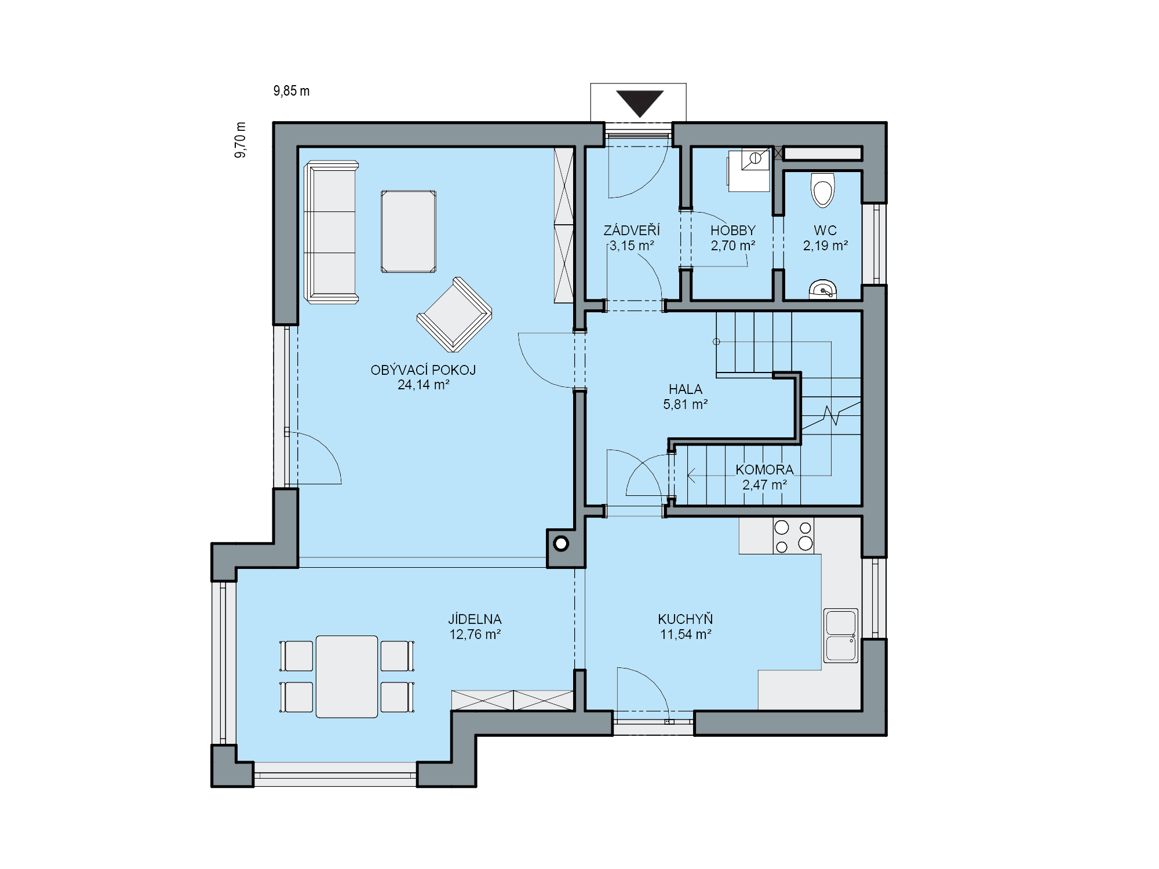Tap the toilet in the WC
[x=823, y=189]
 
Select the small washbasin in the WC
[x=823, y=289]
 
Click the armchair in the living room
[x=454, y=315]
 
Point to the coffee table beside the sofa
[x=409, y=231]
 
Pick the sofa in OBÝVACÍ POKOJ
[x=331, y=232]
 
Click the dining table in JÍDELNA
[x=347, y=676]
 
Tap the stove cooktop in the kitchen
[x=793, y=536]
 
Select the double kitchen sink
[x=840, y=636]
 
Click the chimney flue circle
[x=561, y=544]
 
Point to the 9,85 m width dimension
[x=291, y=91]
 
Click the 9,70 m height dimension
[x=240, y=140]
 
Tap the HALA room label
[x=685, y=389]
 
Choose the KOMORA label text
[x=764, y=470]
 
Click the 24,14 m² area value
[x=423, y=385]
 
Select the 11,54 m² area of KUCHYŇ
[x=686, y=634]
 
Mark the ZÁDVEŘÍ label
[x=632, y=231]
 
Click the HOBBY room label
[x=733, y=231]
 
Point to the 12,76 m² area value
[x=475, y=634]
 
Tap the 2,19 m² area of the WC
[x=825, y=246]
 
